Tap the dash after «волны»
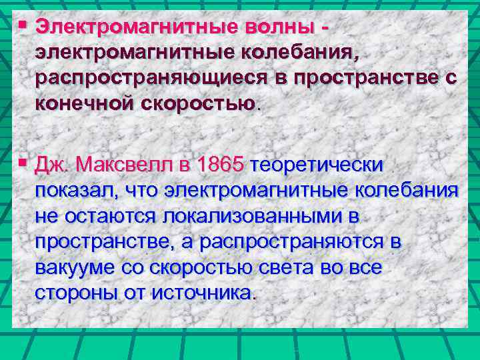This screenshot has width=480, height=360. [x=325, y=29]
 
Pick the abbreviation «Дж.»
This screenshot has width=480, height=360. [x=54, y=165]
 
